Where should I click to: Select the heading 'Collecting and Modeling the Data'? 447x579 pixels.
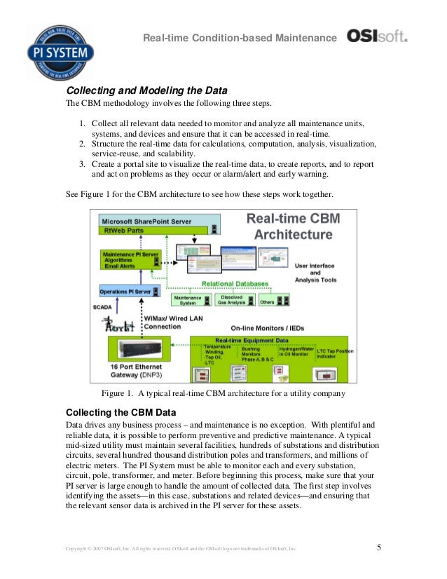click(x=146, y=91)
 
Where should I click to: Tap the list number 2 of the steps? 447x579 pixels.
click(x=81, y=144)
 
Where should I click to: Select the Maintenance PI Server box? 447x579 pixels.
click(x=130, y=259)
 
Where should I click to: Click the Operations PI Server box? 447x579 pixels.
click(x=130, y=289)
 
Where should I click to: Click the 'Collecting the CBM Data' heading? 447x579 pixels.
click(x=120, y=411)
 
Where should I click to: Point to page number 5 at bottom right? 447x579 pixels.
click(x=379, y=547)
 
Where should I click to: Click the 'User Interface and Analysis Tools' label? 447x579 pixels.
click(x=315, y=273)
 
